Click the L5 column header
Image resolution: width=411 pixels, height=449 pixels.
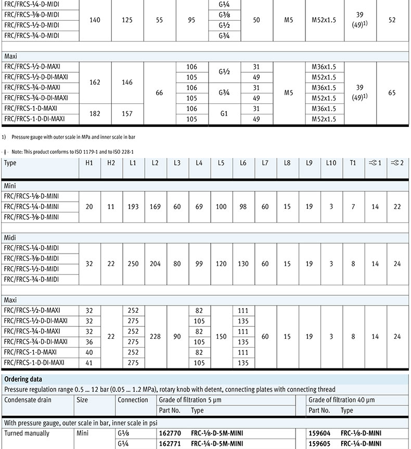[221, 163]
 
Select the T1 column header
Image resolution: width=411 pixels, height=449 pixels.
[353, 163]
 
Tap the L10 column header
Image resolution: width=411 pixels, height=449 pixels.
[331, 163]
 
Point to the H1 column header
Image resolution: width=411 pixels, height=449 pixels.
[89, 163]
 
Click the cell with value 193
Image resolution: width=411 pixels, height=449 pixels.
[133, 206]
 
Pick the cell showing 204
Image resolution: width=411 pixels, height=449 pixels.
[155, 263]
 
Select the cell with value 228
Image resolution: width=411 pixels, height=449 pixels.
[155, 337]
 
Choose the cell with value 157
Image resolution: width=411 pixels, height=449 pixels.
[127, 113]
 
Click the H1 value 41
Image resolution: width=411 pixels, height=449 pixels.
[89, 363]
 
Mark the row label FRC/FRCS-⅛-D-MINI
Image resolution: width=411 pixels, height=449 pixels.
[31, 196]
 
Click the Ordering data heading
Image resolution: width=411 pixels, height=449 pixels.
[23, 379]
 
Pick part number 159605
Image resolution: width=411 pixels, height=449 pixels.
[319, 443]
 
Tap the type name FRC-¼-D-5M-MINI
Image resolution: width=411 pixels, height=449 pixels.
[217, 443]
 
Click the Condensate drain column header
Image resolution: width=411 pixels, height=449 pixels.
[27, 400]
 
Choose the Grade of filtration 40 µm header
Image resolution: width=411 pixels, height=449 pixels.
[341, 400]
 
